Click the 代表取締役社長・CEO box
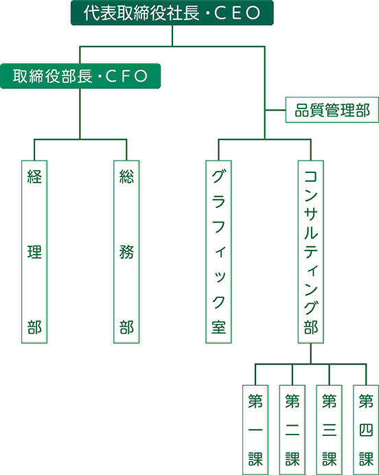pyautogui.click(x=172, y=13)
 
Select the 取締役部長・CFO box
pyautogui.click(x=80, y=76)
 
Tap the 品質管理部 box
pyautogui.click(x=332, y=110)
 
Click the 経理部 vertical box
pyautogui.click(x=34, y=252)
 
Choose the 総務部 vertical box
pyautogui.click(x=126, y=252)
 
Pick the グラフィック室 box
pyautogui.click(x=218, y=252)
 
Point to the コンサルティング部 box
pyautogui.click(x=310, y=252)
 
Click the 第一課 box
pyautogui.click(x=255, y=430)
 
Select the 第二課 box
pyautogui.click(x=292, y=430)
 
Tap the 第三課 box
pyautogui.click(x=329, y=430)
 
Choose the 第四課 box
pyautogui.click(x=366, y=430)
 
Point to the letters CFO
pyautogui.click(x=126, y=76)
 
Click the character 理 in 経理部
pyautogui.click(x=34, y=252)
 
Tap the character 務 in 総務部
pyautogui.click(x=126, y=252)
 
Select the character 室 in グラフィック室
pyautogui.click(x=218, y=327)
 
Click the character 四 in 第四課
pyautogui.click(x=366, y=430)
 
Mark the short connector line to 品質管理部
pyautogui.click(x=275, y=110)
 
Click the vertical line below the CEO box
pyautogui.click(x=172, y=36)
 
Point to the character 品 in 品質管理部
pyautogui.click(x=302, y=110)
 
